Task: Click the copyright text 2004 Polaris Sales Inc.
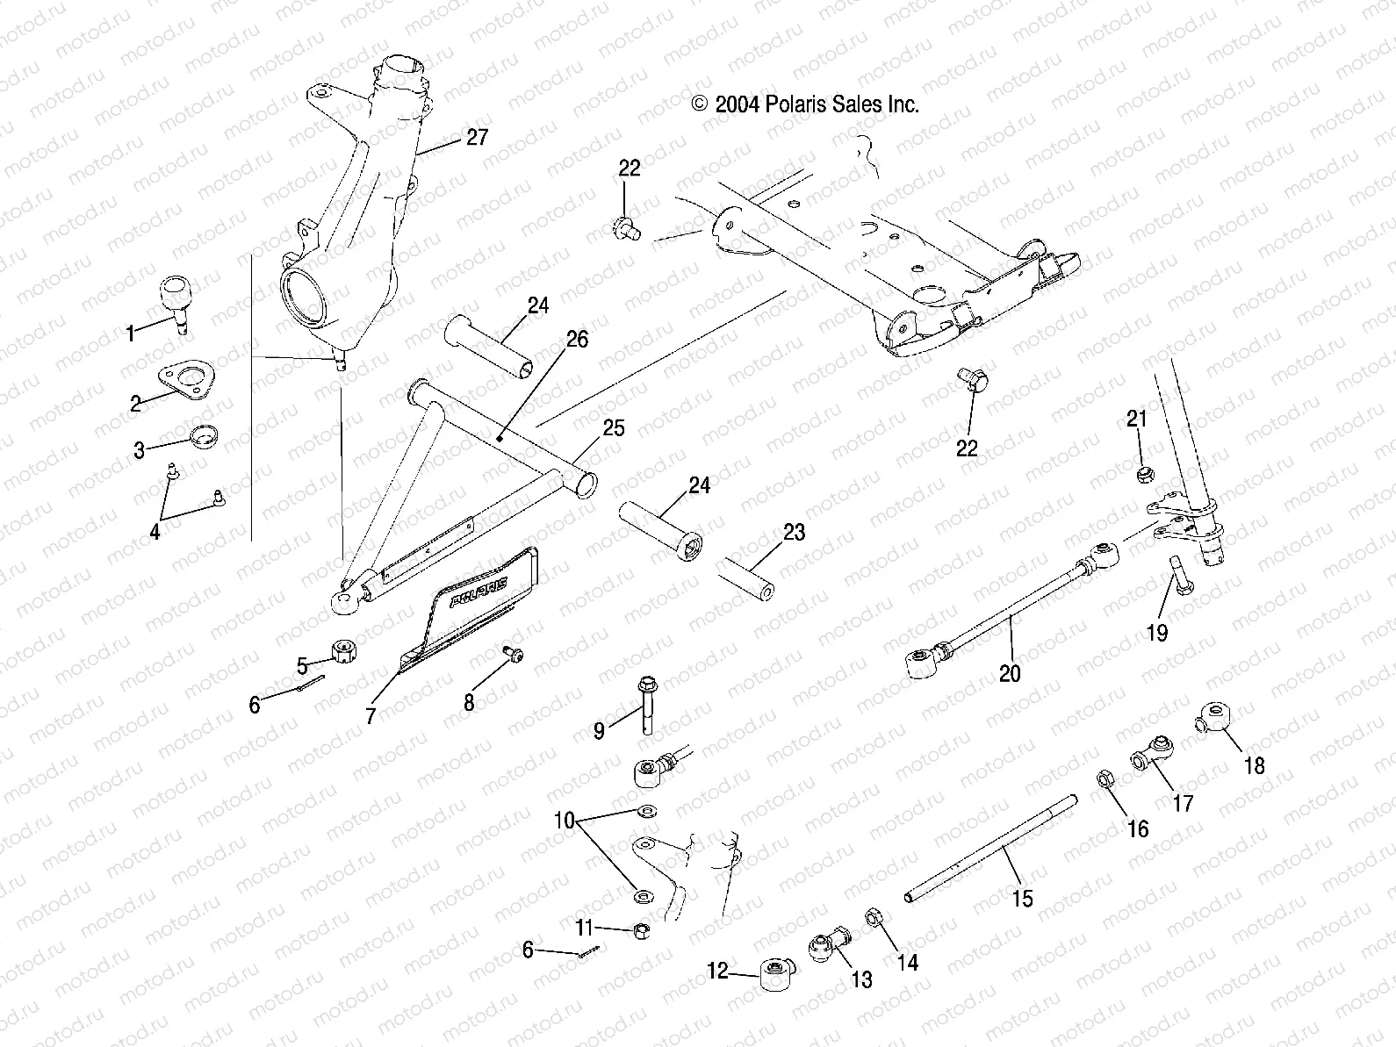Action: point(805,104)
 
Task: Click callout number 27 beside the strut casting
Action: point(477,138)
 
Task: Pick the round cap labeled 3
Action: point(205,435)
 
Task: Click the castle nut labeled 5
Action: point(342,651)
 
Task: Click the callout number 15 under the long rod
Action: point(1022,899)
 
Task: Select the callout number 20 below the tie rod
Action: point(1010,673)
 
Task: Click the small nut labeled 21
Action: point(1144,475)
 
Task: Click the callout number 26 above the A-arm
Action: point(577,339)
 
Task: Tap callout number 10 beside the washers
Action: point(564,821)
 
